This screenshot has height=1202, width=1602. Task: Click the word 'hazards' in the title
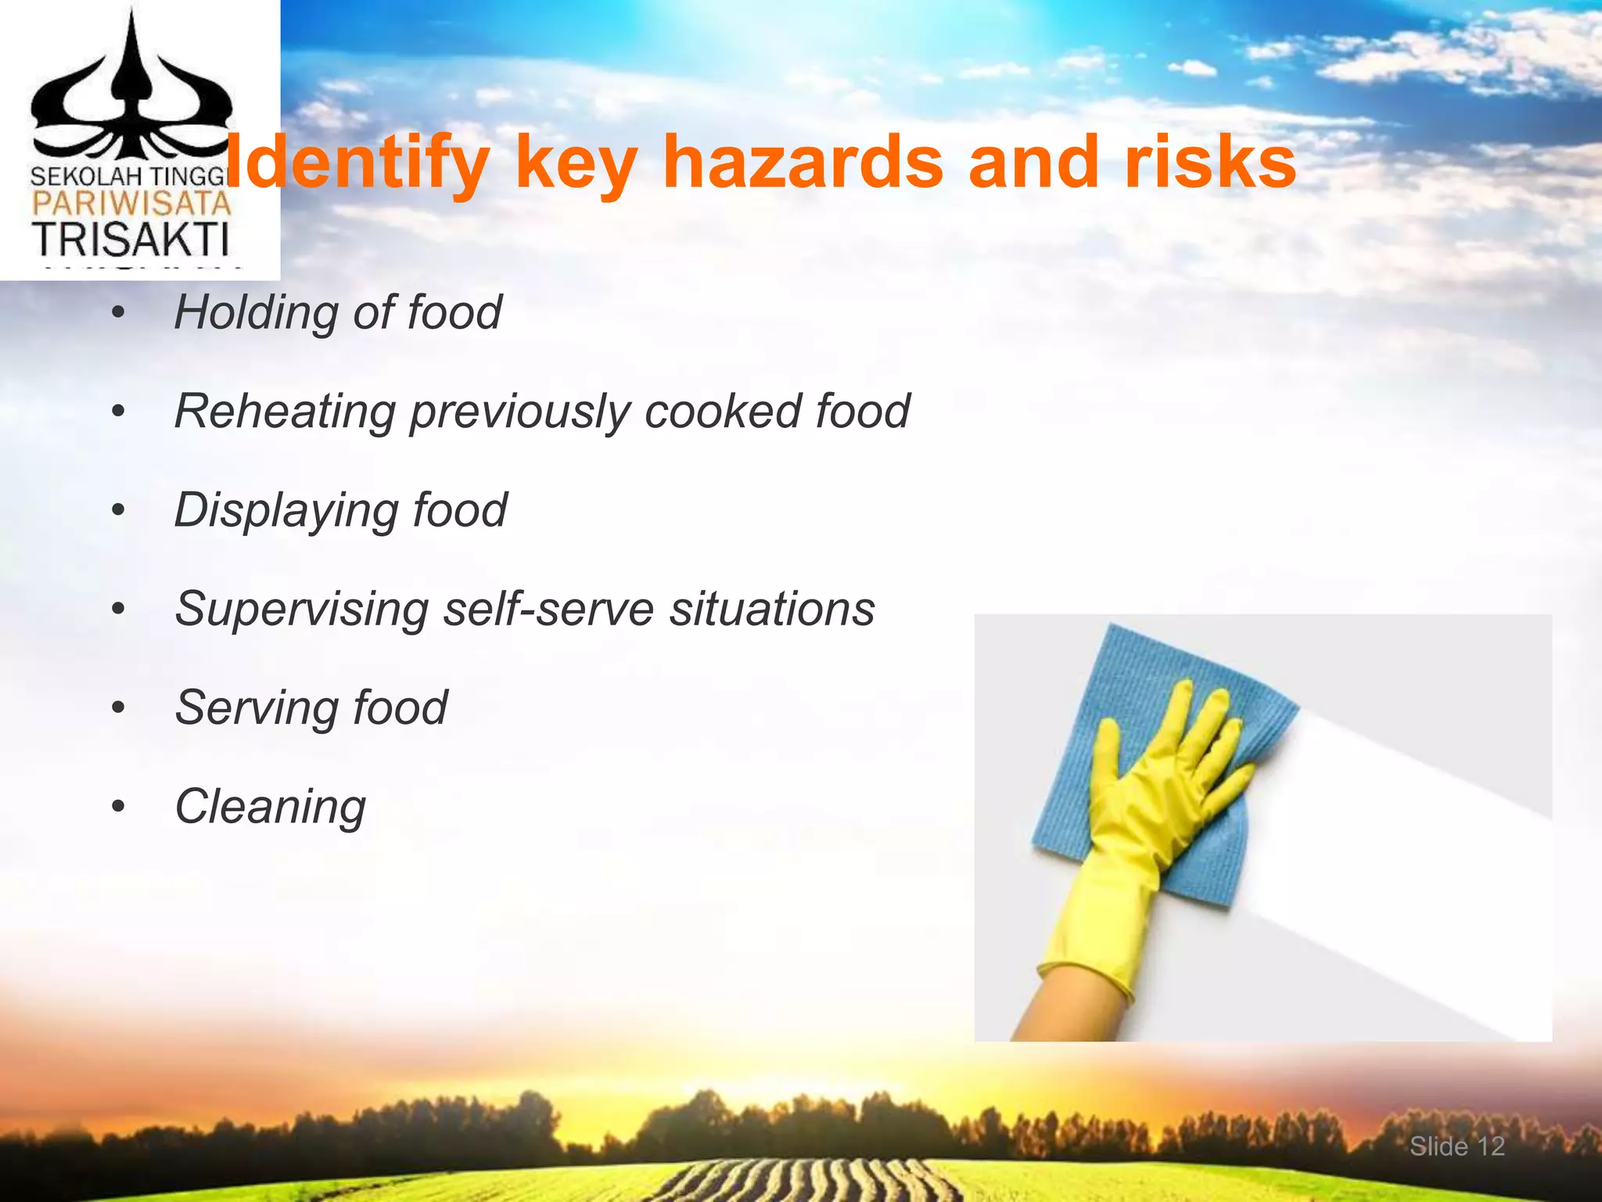803,162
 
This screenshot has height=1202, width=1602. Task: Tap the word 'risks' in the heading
1209,162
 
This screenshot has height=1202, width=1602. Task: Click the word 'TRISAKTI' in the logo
131,239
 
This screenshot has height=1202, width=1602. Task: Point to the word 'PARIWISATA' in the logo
131,204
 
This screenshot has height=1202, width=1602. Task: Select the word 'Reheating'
284,412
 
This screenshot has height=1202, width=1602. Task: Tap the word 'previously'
519,412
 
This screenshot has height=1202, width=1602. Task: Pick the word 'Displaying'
284,511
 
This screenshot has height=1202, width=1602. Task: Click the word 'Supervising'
301,610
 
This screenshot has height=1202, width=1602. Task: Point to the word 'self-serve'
548,608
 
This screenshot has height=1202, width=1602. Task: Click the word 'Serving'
254,708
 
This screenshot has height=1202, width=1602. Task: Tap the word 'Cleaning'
271,807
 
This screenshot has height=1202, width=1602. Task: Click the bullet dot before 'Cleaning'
118,807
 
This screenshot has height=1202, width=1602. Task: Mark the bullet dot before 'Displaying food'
118,511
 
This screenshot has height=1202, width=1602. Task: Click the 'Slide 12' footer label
1457,1146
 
